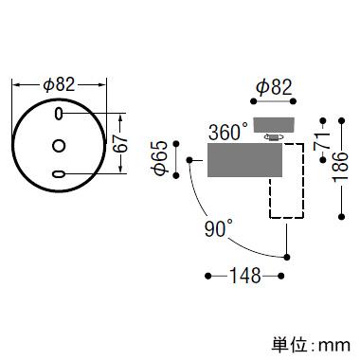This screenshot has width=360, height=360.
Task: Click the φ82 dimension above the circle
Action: (60, 84)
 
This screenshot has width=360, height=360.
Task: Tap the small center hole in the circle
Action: (59, 146)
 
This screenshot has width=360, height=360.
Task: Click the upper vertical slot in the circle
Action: (59, 114)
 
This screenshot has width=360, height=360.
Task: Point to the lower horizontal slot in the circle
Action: (59, 173)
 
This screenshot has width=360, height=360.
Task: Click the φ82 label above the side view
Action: (274, 87)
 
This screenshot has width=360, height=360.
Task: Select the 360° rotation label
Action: (228, 132)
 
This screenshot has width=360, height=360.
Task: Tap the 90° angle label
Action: (219, 228)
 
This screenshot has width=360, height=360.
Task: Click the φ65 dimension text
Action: (160, 158)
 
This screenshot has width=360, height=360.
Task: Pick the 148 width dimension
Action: (245, 276)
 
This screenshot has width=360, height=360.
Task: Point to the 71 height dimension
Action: (323, 141)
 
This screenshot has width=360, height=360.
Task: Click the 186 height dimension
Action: (341, 167)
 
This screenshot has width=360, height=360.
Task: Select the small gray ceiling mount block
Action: (274, 125)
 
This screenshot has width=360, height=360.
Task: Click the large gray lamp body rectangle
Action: (244, 160)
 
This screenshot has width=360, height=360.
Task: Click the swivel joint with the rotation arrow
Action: (274, 137)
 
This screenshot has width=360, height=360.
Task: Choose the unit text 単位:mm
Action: (311, 345)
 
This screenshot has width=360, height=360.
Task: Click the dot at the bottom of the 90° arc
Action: (287, 257)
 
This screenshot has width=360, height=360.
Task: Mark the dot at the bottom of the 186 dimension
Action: (341, 217)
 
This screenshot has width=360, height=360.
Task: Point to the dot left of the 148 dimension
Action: (207, 276)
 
